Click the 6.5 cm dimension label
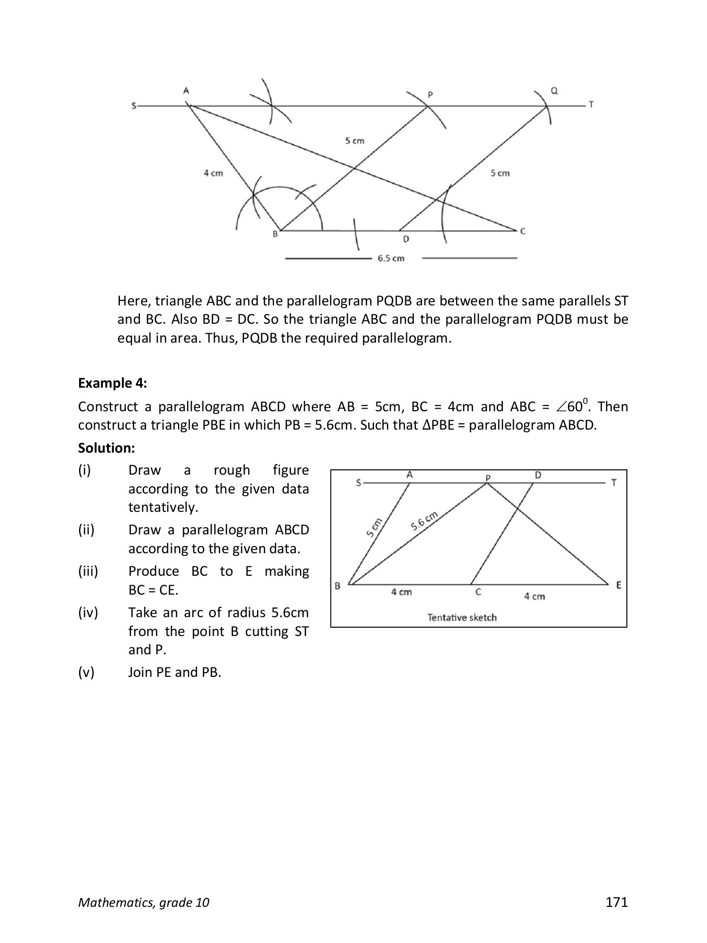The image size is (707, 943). pyautogui.click(x=391, y=258)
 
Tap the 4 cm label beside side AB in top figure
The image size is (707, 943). pyautogui.click(x=213, y=173)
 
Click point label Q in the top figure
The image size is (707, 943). pyautogui.click(x=555, y=91)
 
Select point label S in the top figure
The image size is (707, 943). pyautogui.click(x=134, y=106)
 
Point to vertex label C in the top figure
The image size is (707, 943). pyautogui.click(x=522, y=231)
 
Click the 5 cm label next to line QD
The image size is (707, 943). pyautogui.click(x=500, y=173)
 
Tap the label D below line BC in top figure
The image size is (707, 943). pyautogui.click(x=406, y=239)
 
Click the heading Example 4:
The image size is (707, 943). pyautogui.click(x=113, y=383)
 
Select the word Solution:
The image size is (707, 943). pyautogui.click(x=106, y=448)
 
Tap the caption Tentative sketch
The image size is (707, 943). pyautogui.click(x=462, y=618)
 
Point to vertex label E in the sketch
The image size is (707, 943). pyautogui.click(x=618, y=585)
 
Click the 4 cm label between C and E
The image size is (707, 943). pyautogui.click(x=534, y=596)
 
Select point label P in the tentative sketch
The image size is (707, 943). pyautogui.click(x=488, y=478)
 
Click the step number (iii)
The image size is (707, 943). pyautogui.click(x=88, y=571)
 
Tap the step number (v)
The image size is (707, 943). pyautogui.click(x=86, y=672)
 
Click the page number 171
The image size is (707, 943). pyautogui.click(x=616, y=902)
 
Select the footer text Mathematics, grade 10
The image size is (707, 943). pyautogui.click(x=143, y=903)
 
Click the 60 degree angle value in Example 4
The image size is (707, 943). pyautogui.click(x=575, y=407)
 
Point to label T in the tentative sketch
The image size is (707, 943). pyautogui.click(x=614, y=483)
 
